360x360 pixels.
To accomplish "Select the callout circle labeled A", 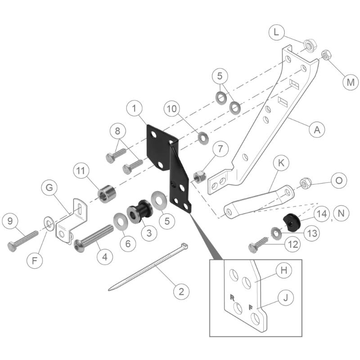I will [317, 130].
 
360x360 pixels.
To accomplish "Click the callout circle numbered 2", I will [181, 292].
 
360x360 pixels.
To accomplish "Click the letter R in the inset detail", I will [232, 298].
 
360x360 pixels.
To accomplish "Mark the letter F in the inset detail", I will [250, 308].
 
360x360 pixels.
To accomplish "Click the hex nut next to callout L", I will [309, 45].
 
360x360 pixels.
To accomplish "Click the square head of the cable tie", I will [184, 246].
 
